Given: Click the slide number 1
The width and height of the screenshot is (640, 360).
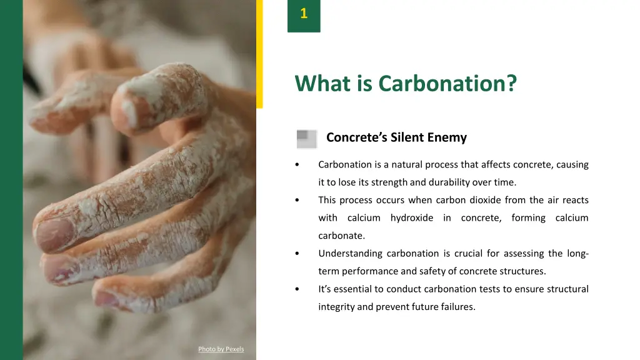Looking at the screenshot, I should click(x=304, y=14).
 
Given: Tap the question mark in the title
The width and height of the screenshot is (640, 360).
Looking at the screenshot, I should click(x=512, y=83).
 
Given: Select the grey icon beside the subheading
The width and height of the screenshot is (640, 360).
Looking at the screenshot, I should click(x=306, y=138).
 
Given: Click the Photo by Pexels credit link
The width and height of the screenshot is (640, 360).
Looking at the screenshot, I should click(x=221, y=349).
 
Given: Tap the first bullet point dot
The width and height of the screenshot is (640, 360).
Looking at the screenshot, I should click(x=297, y=165).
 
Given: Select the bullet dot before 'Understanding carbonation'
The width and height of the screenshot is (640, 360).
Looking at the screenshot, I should click(x=297, y=254).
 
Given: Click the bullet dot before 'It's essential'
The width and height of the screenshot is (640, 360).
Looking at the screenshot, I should click(x=297, y=289).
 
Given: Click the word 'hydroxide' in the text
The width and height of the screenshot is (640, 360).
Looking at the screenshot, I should click(x=411, y=218).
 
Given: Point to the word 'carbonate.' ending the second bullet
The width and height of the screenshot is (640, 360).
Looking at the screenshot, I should click(x=341, y=236).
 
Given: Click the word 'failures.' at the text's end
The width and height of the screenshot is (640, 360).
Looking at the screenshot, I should click(x=457, y=307).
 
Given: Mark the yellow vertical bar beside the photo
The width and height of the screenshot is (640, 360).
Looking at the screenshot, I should click(x=259, y=53).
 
